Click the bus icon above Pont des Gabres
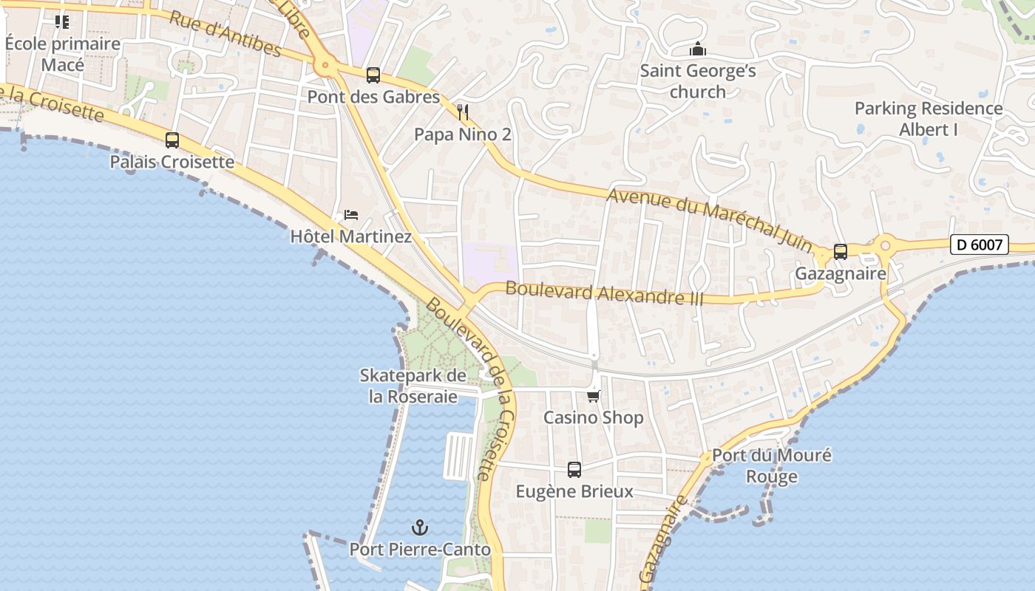click(373, 75)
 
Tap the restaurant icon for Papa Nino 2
click(463, 112)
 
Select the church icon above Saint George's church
click(697, 49)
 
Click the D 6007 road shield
click(979, 245)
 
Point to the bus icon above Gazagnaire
click(840, 252)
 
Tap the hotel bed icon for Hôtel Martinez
click(351, 215)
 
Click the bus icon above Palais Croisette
click(172, 140)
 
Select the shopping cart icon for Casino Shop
click(593, 396)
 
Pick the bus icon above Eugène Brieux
click(574, 469)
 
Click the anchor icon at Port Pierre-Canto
click(420, 527)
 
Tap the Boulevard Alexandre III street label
click(604, 294)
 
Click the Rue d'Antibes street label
click(225, 34)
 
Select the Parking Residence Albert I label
click(929, 119)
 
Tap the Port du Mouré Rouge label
click(771, 465)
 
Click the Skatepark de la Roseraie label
click(413, 386)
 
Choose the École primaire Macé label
click(63, 54)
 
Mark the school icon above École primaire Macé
click(62, 22)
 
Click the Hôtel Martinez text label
click(350, 236)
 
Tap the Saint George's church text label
click(697, 81)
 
